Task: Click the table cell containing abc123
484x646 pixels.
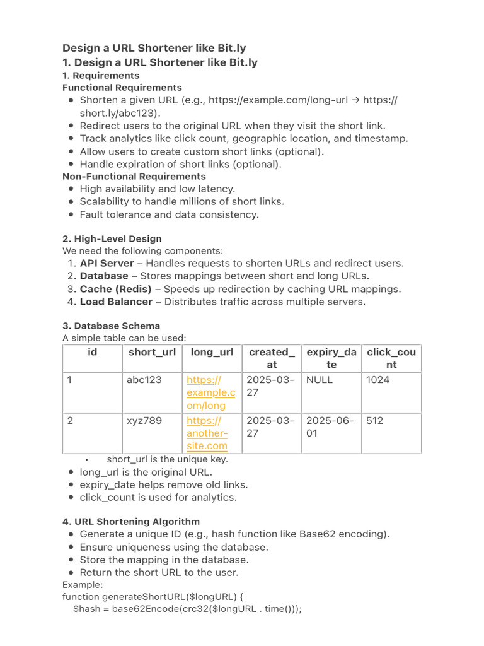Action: click(x=145, y=380)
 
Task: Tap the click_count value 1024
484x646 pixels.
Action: click(x=377, y=380)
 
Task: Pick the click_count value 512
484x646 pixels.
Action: click(x=374, y=420)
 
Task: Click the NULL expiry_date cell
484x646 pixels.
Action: click(x=320, y=380)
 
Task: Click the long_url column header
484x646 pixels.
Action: click(x=212, y=352)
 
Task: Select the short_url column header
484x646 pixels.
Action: click(x=152, y=352)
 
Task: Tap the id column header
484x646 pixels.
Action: click(x=93, y=352)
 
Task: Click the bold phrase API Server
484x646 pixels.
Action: click(x=107, y=263)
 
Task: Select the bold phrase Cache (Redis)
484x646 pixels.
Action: click(x=115, y=289)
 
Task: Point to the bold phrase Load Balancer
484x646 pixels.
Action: click(x=116, y=302)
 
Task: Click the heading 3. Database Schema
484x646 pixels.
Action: click(x=111, y=326)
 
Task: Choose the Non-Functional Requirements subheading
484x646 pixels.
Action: click(x=134, y=176)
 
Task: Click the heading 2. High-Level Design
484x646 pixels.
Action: click(x=112, y=238)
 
